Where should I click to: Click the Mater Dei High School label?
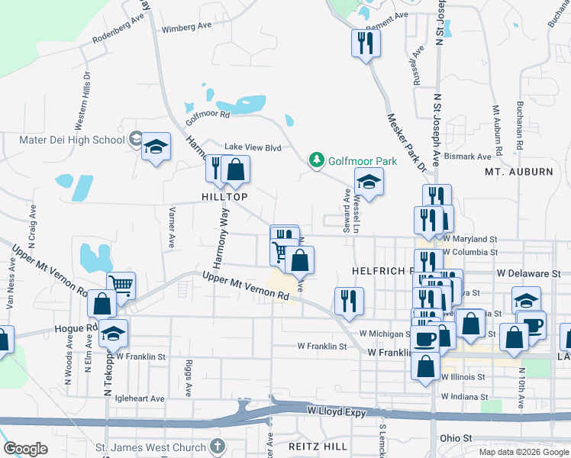72,140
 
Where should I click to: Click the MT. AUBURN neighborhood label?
519,172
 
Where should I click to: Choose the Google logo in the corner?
25,449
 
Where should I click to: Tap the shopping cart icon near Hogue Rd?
121,285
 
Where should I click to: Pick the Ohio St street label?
456,438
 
